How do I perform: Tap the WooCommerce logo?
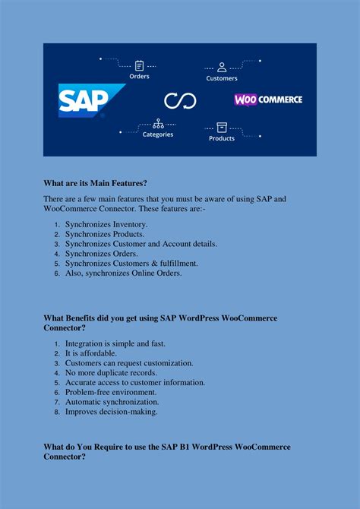(x=268, y=100)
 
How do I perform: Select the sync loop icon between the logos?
(x=180, y=100)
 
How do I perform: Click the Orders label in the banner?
(x=139, y=76)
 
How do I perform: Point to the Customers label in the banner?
(x=222, y=77)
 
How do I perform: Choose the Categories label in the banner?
(x=158, y=134)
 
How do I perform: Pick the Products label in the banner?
(x=222, y=138)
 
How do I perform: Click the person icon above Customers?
(x=222, y=66)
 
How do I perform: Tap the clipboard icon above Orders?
(x=139, y=65)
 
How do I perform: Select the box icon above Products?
(x=222, y=127)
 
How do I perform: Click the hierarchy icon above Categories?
(x=158, y=123)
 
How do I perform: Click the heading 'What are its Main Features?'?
(x=95, y=183)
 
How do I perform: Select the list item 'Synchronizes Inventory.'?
(x=106, y=225)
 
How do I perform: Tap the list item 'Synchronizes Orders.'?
(x=103, y=254)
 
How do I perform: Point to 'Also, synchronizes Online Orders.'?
(x=123, y=273)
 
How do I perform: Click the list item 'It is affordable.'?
(x=91, y=353)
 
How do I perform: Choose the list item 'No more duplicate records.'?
(x=111, y=373)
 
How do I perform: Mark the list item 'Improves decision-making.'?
(x=112, y=411)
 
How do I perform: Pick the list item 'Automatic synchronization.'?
(x=112, y=402)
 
